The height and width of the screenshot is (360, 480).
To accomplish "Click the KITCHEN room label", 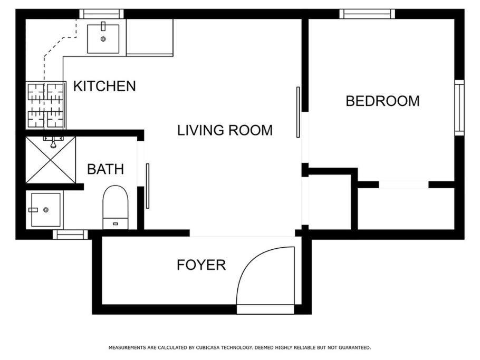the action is click(x=104, y=86).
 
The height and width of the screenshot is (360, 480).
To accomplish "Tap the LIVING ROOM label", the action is click(x=225, y=130).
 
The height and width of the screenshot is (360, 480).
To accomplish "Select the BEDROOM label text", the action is click(x=382, y=101).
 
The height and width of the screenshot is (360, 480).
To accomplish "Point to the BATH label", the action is click(x=105, y=169).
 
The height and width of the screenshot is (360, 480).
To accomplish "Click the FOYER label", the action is click(x=201, y=265).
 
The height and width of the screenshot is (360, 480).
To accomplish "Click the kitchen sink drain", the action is click(x=103, y=39).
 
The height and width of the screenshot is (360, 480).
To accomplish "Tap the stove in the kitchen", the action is click(x=45, y=104).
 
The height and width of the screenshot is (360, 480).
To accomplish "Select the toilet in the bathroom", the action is click(x=115, y=207).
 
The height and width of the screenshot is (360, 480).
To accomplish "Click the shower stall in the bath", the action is click(x=51, y=160).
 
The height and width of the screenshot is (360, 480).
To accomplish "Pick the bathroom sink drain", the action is click(x=46, y=210).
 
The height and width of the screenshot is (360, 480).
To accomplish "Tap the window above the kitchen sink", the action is click(x=102, y=14).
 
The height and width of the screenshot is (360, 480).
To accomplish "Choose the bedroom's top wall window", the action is click(x=367, y=14).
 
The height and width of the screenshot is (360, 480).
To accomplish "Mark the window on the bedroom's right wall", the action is click(x=459, y=108).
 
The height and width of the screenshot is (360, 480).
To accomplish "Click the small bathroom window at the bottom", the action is click(x=70, y=235).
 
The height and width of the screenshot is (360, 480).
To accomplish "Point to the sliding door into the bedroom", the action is click(x=298, y=112).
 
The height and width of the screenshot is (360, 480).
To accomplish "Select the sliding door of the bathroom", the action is click(x=148, y=186).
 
